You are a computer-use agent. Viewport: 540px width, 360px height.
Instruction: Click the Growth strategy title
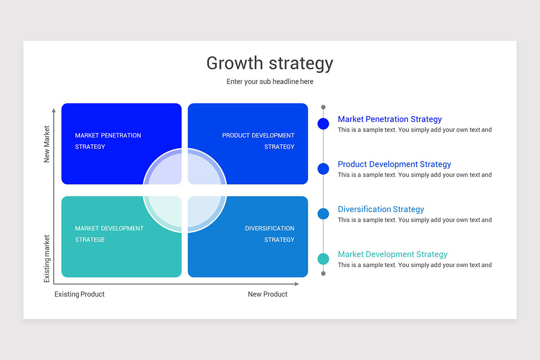(x=270, y=63)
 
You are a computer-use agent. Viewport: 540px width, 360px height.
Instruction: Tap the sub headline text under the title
(x=270, y=81)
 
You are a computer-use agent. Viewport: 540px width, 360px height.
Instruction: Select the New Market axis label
(x=46, y=144)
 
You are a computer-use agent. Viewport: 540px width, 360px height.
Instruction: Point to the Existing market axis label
(x=46, y=258)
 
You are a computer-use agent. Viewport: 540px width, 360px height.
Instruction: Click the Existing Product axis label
(x=79, y=294)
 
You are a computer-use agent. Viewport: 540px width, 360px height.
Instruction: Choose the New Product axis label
(x=268, y=294)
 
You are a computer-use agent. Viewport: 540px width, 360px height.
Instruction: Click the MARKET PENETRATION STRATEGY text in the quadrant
(x=108, y=141)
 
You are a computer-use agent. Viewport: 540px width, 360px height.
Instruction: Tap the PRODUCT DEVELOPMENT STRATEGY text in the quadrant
(x=258, y=141)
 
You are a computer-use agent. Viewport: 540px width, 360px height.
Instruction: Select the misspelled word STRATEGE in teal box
(x=90, y=240)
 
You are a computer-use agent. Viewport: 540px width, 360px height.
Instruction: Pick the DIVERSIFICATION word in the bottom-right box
(x=270, y=228)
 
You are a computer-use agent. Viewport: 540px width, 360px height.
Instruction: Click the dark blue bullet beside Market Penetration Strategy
(x=323, y=124)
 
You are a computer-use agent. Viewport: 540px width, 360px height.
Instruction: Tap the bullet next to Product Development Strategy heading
(x=323, y=169)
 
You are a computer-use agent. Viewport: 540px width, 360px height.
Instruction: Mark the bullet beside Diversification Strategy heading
(x=323, y=214)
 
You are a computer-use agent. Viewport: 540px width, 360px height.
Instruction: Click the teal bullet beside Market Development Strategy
(x=323, y=259)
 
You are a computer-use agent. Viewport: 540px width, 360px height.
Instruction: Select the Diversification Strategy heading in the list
(x=381, y=209)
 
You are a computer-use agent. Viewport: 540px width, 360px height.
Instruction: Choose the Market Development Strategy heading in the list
(x=392, y=254)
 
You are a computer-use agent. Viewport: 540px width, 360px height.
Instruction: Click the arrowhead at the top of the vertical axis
(x=54, y=110)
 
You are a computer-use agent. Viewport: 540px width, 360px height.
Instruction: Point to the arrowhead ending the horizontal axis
(x=297, y=284)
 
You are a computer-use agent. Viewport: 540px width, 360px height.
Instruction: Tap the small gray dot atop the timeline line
(x=323, y=107)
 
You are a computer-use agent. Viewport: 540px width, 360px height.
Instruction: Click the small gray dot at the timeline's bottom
(x=323, y=274)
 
